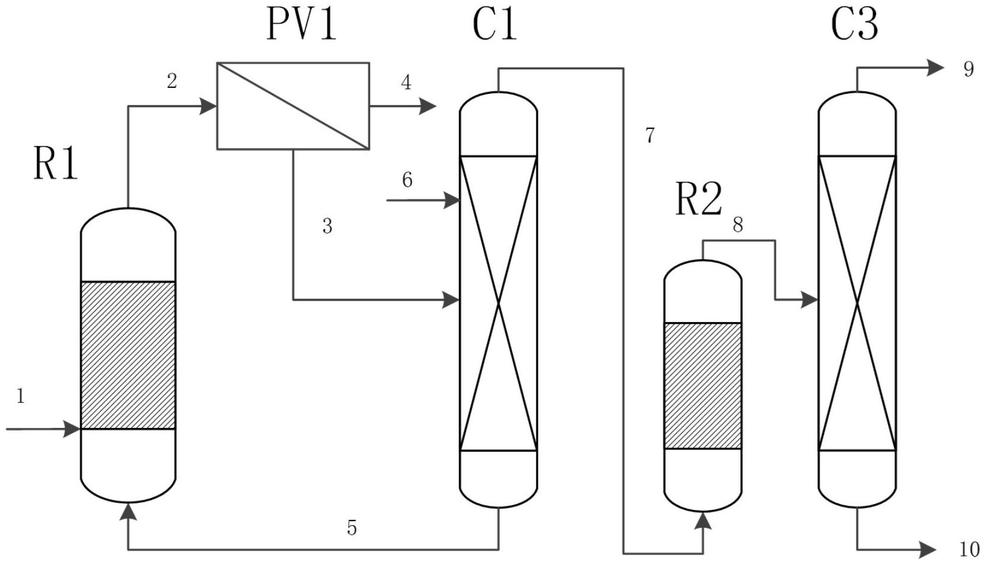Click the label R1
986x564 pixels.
[x=55, y=164]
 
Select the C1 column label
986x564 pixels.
[x=494, y=24]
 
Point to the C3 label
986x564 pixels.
[x=854, y=24]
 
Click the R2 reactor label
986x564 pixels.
[x=698, y=199]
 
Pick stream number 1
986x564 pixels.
[x=21, y=396]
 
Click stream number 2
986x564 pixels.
[x=172, y=81]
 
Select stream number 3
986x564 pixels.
[x=327, y=226]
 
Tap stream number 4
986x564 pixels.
[x=406, y=82]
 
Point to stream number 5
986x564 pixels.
[x=352, y=527]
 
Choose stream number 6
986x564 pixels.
[x=407, y=179]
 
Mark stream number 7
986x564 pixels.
[x=650, y=136]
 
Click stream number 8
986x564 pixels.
[x=738, y=225]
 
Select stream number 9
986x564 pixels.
[x=969, y=69]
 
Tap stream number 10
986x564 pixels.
[x=969, y=548]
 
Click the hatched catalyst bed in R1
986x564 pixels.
[x=128, y=355]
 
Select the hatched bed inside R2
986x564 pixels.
[x=703, y=385]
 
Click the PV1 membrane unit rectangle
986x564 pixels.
[x=292, y=106]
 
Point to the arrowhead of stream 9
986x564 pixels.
[x=935, y=68]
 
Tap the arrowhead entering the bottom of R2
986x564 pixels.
[x=703, y=521]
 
